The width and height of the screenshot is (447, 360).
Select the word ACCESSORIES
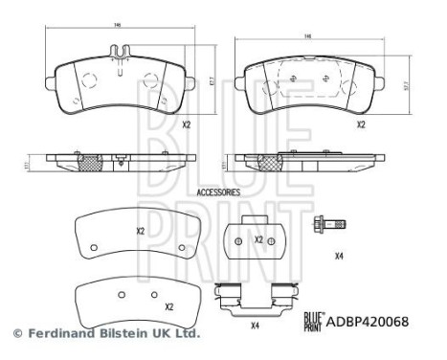(x=217, y=191)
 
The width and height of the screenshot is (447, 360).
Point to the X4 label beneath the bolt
(x=339, y=255)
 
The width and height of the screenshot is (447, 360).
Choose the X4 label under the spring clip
(x=255, y=326)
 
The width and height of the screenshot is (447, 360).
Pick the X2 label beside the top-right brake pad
(x=361, y=124)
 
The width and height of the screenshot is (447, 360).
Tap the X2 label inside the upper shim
(x=140, y=231)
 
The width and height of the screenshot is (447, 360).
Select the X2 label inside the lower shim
(x=168, y=306)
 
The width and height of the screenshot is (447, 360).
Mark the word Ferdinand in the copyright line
(x=56, y=334)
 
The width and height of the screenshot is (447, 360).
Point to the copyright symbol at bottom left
(x=15, y=334)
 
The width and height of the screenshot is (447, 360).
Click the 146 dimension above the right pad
(x=308, y=36)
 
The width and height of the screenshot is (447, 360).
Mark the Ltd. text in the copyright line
(x=186, y=334)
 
